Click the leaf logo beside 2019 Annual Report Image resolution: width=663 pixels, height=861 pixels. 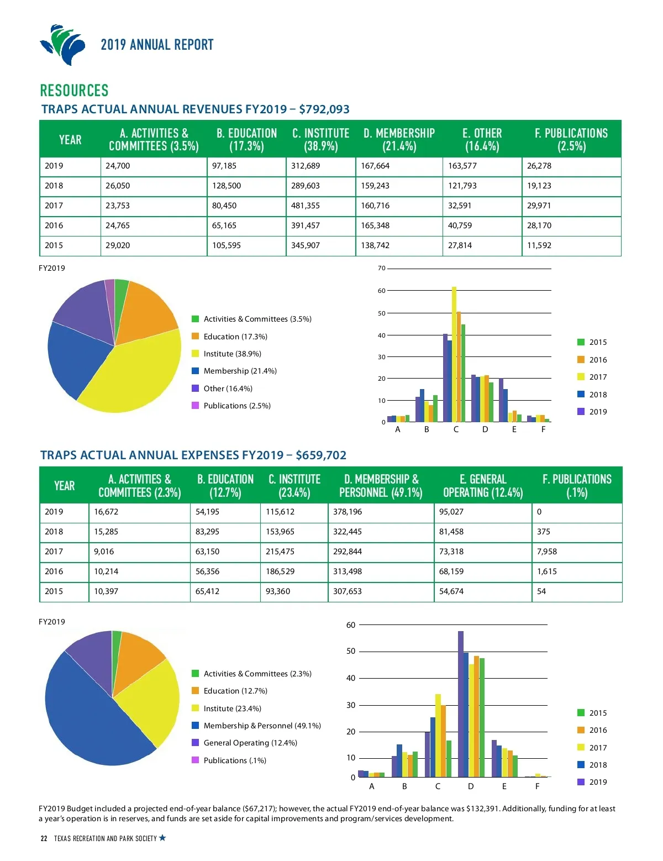63,45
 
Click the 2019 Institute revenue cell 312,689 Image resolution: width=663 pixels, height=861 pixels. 306,166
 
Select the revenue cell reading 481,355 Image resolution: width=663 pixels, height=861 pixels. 306,206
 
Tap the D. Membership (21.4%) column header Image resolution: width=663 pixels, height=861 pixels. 399,140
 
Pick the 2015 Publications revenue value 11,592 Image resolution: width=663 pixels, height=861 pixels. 539,245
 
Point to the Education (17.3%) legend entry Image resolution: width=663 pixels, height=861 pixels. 235,337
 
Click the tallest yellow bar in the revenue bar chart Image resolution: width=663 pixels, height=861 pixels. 454,354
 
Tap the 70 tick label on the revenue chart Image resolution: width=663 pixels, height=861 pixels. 382,269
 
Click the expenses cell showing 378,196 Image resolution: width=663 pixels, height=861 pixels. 348,512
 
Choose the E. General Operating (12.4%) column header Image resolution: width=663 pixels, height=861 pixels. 483,486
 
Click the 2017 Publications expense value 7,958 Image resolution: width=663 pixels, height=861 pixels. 547,552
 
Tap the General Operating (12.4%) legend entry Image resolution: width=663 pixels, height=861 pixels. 250,743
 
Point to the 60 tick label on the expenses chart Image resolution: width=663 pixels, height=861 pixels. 351,625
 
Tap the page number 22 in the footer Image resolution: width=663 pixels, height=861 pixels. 44,838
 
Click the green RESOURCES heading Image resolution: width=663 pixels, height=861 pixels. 74,91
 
